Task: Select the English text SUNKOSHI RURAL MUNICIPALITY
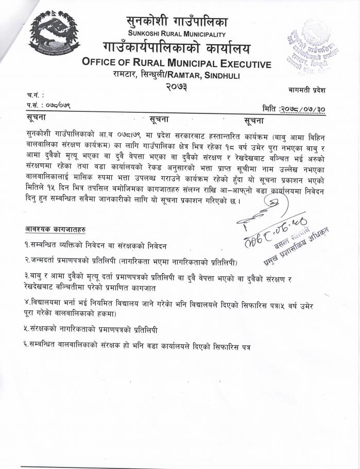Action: pos(176,34)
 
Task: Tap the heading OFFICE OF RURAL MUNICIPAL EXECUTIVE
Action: pos(176,64)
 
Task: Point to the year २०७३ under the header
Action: pos(176,88)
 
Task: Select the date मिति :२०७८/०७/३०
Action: pos(294,108)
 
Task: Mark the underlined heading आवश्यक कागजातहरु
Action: pos(56,228)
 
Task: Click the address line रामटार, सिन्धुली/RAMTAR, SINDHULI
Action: pos(176,76)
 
